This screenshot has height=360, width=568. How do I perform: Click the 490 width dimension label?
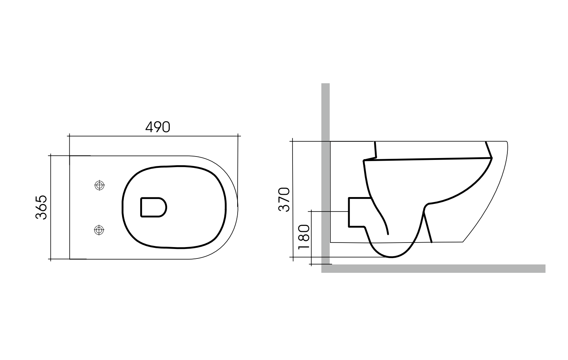[158, 127]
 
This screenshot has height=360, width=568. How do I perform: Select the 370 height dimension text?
[284, 199]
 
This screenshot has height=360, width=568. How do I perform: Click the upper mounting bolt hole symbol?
[99, 185]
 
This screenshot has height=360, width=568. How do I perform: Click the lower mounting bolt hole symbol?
[99, 230]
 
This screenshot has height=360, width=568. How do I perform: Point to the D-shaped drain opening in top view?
[153, 207]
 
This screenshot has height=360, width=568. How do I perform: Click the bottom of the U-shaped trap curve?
[392, 257]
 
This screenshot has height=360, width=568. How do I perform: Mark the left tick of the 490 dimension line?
[70, 135]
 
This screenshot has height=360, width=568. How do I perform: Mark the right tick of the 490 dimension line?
[238, 135]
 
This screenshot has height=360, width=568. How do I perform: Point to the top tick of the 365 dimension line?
[51, 155]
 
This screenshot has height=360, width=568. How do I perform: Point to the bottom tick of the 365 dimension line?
[51, 259]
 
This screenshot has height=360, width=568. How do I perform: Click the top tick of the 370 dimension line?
[293, 141]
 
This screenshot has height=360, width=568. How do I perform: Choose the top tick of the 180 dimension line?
[311, 211]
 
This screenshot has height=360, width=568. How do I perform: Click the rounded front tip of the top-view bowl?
[238, 207]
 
